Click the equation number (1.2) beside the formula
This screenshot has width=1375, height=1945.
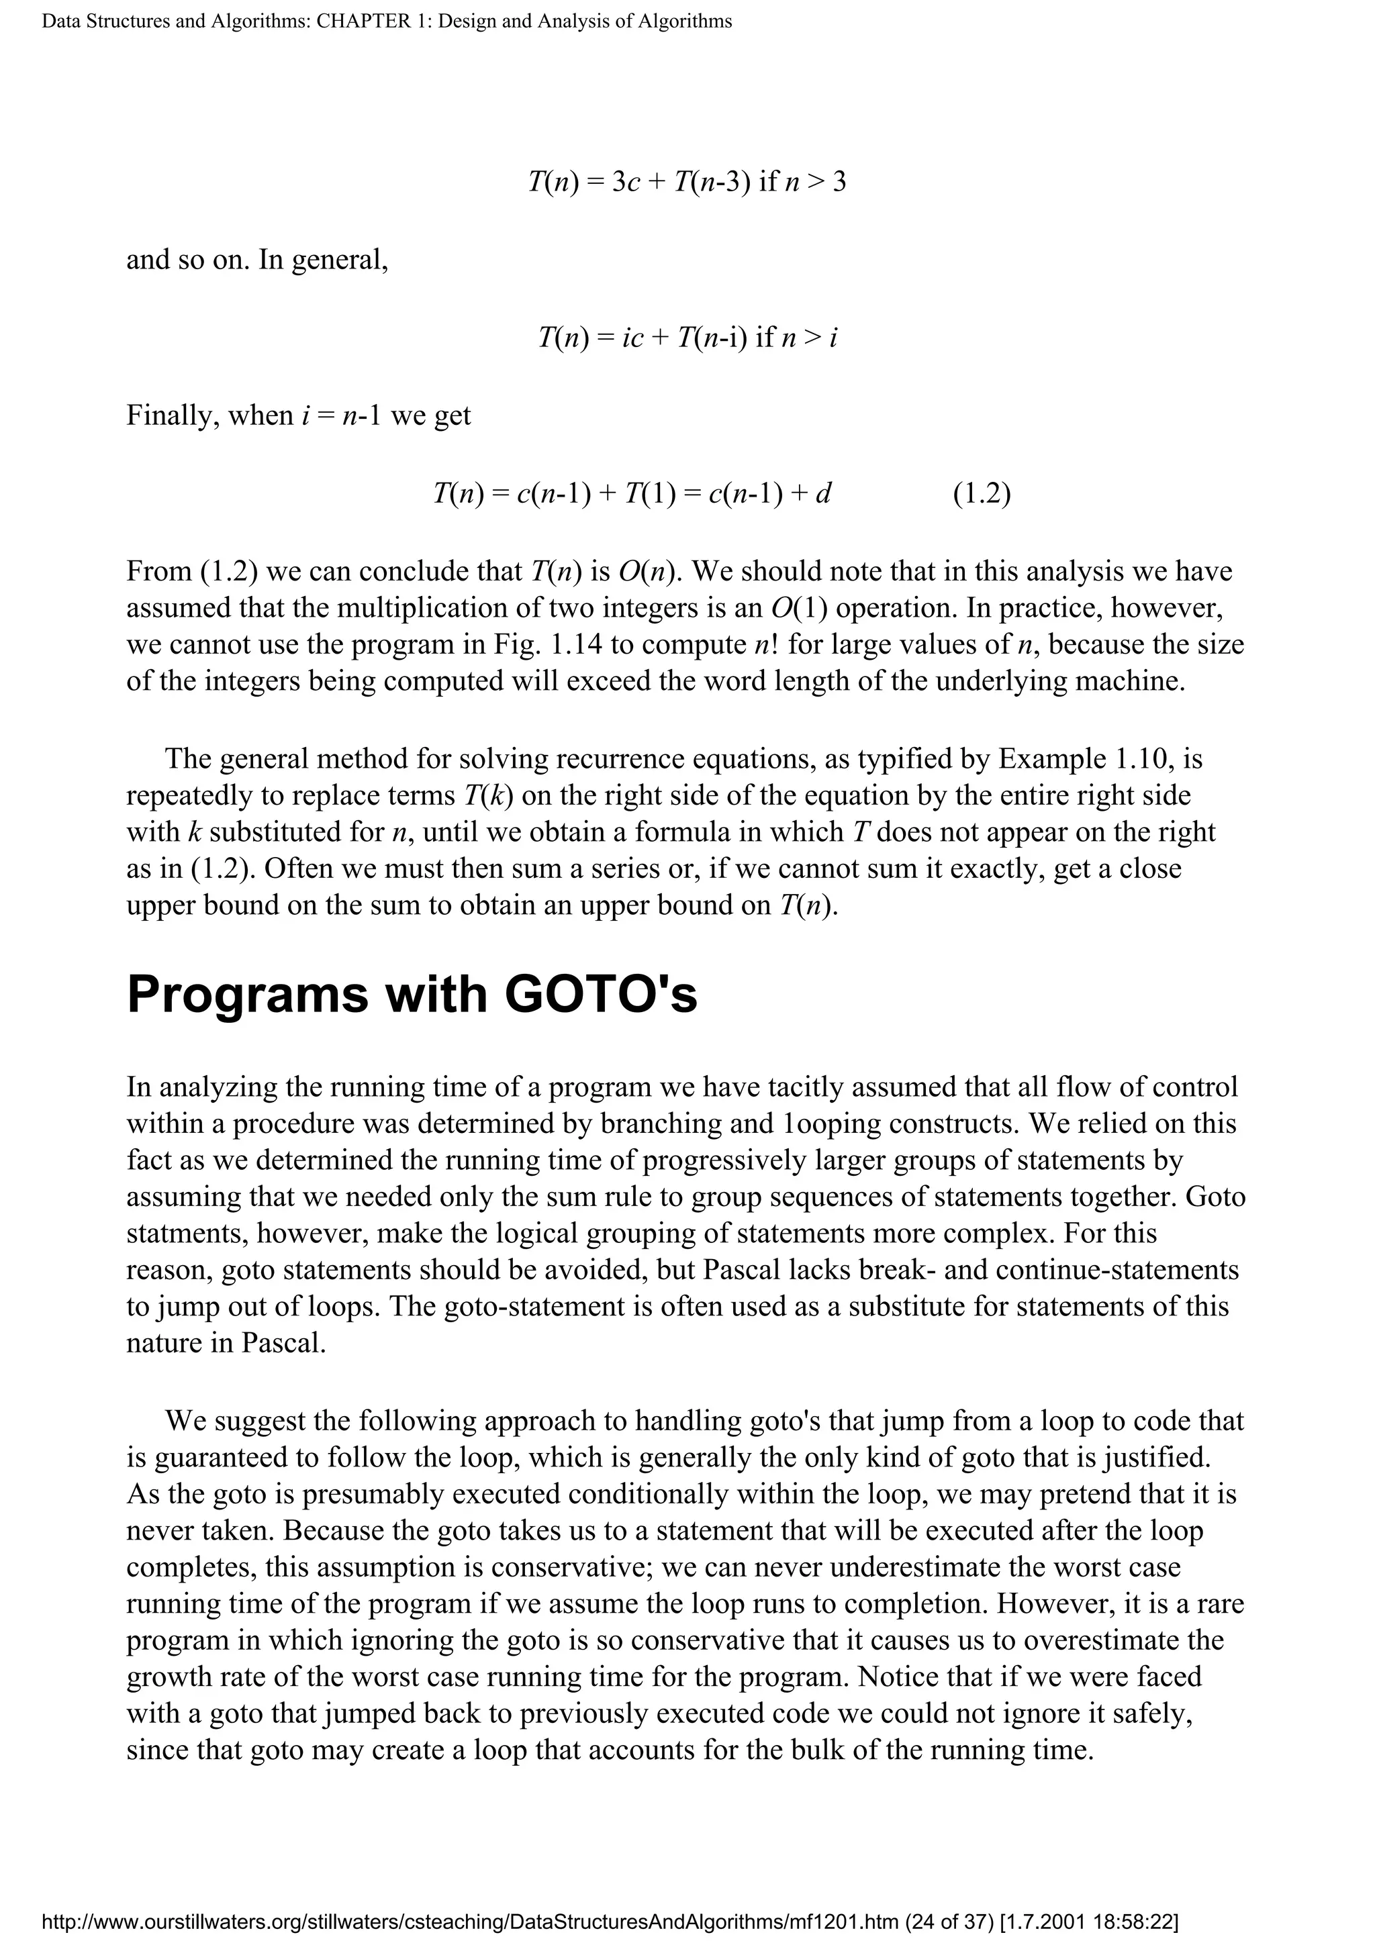(982, 494)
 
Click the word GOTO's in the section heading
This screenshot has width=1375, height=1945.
(601, 995)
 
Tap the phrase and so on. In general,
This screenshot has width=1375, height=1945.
(256, 259)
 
